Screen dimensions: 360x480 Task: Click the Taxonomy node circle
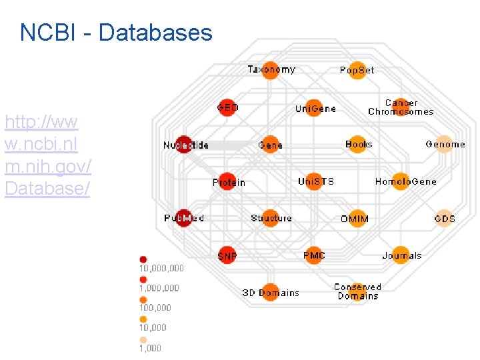[x=270, y=70]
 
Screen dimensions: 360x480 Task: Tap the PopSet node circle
[x=357, y=70]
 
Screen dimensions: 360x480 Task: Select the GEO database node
[x=227, y=107]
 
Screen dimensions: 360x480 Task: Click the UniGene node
[x=314, y=108]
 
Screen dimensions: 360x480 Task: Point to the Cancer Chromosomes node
[x=401, y=107]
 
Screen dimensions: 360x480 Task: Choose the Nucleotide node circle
[x=185, y=145]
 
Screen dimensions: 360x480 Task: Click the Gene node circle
[x=270, y=145]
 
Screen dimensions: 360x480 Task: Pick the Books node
[x=358, y=144]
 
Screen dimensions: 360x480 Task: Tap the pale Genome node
[x=445, y=144]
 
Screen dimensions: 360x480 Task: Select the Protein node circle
[x=228, y=182]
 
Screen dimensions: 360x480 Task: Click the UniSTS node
[x=315, y=181]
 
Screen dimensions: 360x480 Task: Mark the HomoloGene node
[x=401, y=181]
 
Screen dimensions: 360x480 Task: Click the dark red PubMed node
[x=185, y=218]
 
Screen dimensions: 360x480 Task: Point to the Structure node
[x=270, y=218]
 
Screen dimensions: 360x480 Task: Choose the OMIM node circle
[x=358, y=219]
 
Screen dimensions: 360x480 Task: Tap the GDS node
[x=445, y=218]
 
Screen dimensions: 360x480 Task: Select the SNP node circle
[x=227, y=255]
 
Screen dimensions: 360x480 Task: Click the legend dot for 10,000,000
[x=143, y=259]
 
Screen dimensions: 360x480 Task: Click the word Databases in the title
[x=155, y=33]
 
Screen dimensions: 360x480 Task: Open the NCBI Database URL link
[x=47, y=155]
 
